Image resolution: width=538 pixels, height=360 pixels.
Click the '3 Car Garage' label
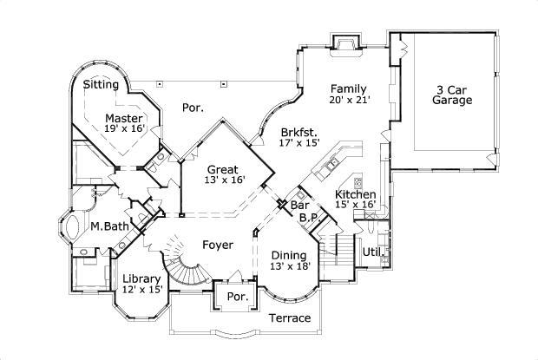(453, 95)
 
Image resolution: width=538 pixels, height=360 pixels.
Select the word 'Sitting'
(101, 85)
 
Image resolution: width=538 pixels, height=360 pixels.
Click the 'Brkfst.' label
(298, 133)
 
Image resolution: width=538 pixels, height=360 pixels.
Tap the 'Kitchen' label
(356, 194)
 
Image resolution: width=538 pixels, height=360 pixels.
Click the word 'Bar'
(300, 206)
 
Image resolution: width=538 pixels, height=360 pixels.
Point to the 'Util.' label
(373, 252)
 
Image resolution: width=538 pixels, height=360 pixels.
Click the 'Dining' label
(289, 255)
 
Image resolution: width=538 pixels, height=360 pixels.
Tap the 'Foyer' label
(217, 245)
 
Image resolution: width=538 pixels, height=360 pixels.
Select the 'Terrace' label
(288, 318)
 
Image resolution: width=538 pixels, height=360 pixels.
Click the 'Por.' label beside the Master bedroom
(193, 108)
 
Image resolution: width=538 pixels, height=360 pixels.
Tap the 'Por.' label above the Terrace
(237, 297)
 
